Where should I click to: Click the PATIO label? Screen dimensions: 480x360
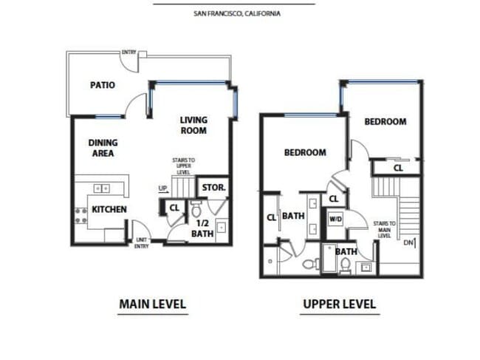click(103, 85)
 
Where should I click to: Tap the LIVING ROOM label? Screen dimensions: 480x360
click(193, 125)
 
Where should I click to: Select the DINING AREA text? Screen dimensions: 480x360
click(103, 148)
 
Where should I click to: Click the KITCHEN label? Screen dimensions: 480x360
click(109, 209)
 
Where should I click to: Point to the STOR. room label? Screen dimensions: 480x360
click(213, 187)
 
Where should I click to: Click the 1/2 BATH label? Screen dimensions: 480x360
click(202, 228)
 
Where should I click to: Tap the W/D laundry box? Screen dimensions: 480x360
click(335, 219)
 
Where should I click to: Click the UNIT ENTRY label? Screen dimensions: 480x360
click(142, 243)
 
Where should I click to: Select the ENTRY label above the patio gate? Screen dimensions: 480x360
click(128, 52)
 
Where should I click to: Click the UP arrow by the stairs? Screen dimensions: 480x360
click(163, 189)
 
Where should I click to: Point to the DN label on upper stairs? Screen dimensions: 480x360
click(408, 242)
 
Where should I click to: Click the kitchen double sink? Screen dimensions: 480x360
click(102, 188)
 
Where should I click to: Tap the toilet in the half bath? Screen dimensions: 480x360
click(196, 208)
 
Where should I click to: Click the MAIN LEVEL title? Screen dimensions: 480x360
click(152, 304)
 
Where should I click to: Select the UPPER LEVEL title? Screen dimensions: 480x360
click(340, 304)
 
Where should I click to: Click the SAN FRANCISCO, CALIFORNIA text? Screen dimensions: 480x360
click(237, 13)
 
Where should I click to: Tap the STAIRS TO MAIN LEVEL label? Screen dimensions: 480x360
click(384, 230)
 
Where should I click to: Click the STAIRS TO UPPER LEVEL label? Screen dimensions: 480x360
click(183, 166)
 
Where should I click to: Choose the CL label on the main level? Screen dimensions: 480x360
click(174, 208)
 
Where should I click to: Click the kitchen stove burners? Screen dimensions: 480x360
click(80, 216)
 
